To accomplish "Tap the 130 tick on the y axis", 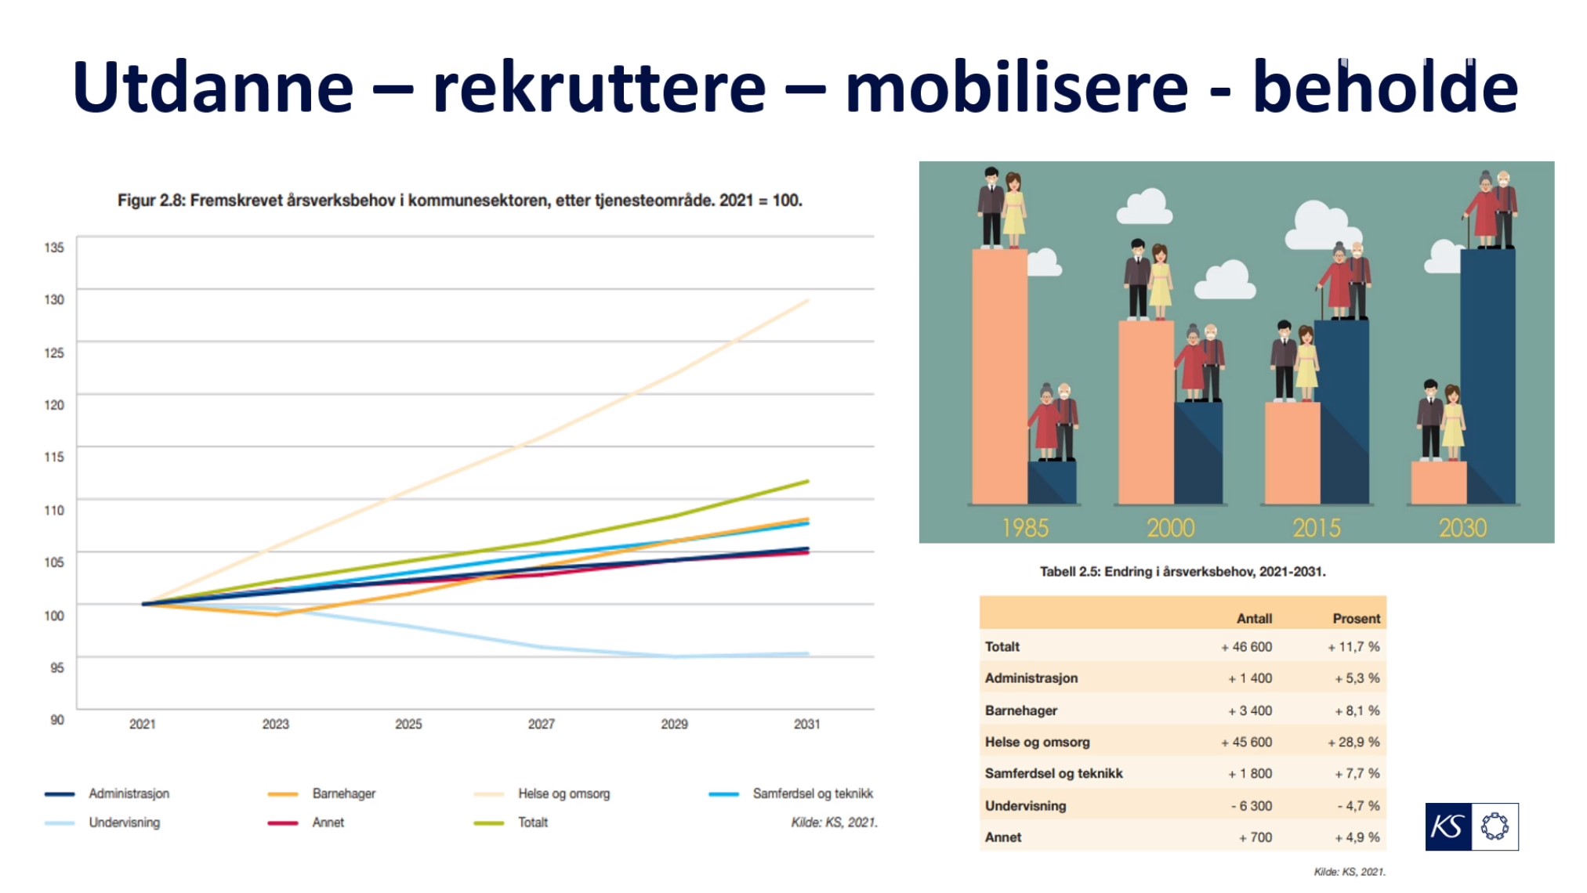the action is point(54,299).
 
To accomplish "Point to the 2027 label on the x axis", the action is point(542,724).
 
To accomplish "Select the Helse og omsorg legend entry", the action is point(542,794).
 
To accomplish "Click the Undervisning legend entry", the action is point(103,822).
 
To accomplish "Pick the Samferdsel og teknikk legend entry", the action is point(791,794).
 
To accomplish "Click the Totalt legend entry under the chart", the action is point(511,822).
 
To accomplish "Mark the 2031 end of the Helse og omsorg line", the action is point(808,300).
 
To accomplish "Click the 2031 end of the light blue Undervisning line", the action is point(808,654).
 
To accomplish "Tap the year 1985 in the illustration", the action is point(1024,528).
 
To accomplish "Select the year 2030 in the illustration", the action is point(1462,528).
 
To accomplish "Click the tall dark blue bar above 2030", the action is point(1488,376).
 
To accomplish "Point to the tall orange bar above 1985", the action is point(999,376).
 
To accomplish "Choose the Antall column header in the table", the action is point(1254,618).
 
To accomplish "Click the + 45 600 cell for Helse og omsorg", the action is point(1246,742).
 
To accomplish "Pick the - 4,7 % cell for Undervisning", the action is point(1358,805).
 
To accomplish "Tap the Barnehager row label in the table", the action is point(1021,710).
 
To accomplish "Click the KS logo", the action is point(1472,826).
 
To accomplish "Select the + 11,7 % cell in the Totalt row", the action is point(1353,647).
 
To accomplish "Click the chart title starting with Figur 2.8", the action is point(460,201).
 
